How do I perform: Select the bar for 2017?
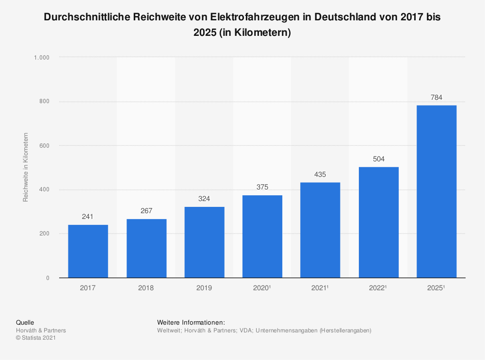(x=88, y=251)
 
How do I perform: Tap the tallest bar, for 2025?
(x=436, y=191)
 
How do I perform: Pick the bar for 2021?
(x=320, y=230)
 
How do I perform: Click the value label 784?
(x=436, y=97)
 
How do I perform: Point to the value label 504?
(x=378, y=159)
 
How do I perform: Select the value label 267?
(x=146, y=211)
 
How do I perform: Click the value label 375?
(x=262, y=187)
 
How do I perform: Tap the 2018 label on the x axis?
(x=146, y=288)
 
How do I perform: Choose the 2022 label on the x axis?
(x=378, y=288)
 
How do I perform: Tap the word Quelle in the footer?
(x=25, y=322)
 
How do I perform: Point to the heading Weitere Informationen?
(x=191, y=322)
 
